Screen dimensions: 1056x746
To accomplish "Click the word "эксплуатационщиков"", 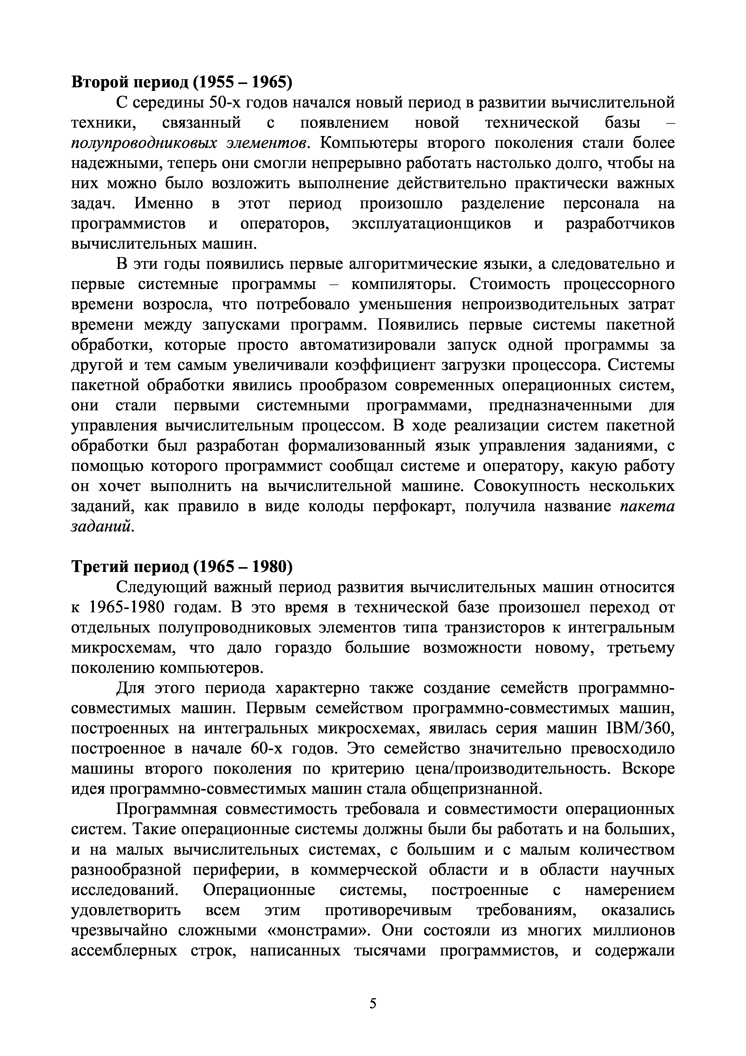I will (431, 224).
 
